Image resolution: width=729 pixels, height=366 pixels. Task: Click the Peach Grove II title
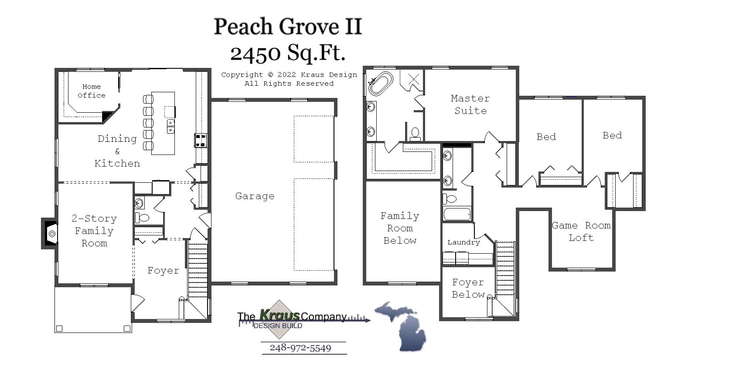coord(288,27)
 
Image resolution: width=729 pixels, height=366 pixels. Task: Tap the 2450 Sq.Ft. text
coord(288,53)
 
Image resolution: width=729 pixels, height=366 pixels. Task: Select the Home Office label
coord(92,91)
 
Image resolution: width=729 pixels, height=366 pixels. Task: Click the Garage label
coord(255,196)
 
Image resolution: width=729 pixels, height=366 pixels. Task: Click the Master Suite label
coord(470,104)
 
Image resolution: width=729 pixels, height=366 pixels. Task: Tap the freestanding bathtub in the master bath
coord(381,84)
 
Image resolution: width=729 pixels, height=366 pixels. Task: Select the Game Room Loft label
coord(581,232)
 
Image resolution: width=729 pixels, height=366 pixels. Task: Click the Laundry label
coord(463,242)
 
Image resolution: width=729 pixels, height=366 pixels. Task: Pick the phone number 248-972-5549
coord(300,348)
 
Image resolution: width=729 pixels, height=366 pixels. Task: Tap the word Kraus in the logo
coord(279,315)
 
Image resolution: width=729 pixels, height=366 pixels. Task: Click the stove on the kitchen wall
coord(201,140)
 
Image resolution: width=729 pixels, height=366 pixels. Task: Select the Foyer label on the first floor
coord(163,271)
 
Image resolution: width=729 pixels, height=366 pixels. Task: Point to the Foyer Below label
coord(468,289)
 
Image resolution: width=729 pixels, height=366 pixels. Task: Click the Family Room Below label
coord(400,228)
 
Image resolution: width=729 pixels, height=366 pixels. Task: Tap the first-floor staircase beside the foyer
coord(198,270)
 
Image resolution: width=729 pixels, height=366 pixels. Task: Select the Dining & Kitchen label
coord(117,151)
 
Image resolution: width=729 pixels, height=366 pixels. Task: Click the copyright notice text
coord(289,79)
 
